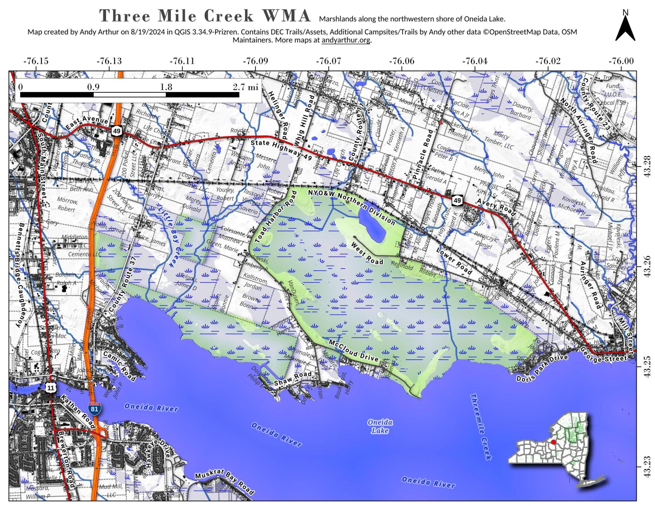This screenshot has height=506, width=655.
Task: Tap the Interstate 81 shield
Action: point(94,408)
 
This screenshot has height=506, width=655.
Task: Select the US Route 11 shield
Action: point(50,388)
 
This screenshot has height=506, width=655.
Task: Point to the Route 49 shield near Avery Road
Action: point(457,200)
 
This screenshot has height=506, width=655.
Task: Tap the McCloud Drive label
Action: point(353,350)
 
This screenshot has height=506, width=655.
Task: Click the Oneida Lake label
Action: point(380,427)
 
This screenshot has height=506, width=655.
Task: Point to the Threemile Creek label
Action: point(481,427)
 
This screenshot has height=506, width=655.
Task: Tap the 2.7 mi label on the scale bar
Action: point(246,87)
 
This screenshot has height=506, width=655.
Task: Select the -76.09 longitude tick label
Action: point(255,61)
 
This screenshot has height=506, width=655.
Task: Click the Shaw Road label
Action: point(293,379)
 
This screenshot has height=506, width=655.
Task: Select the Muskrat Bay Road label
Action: point(224,482)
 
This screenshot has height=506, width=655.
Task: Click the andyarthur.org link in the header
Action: point(346,40)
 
